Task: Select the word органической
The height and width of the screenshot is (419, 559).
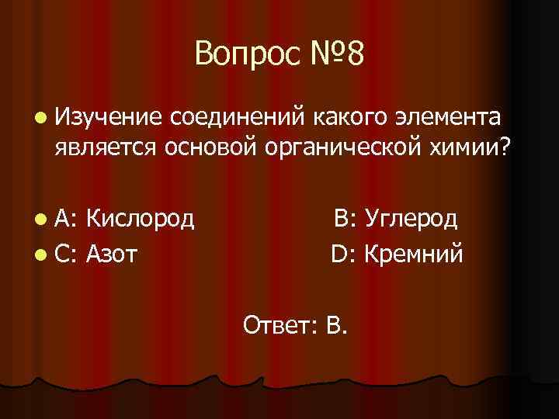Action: (x=335, y=150)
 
